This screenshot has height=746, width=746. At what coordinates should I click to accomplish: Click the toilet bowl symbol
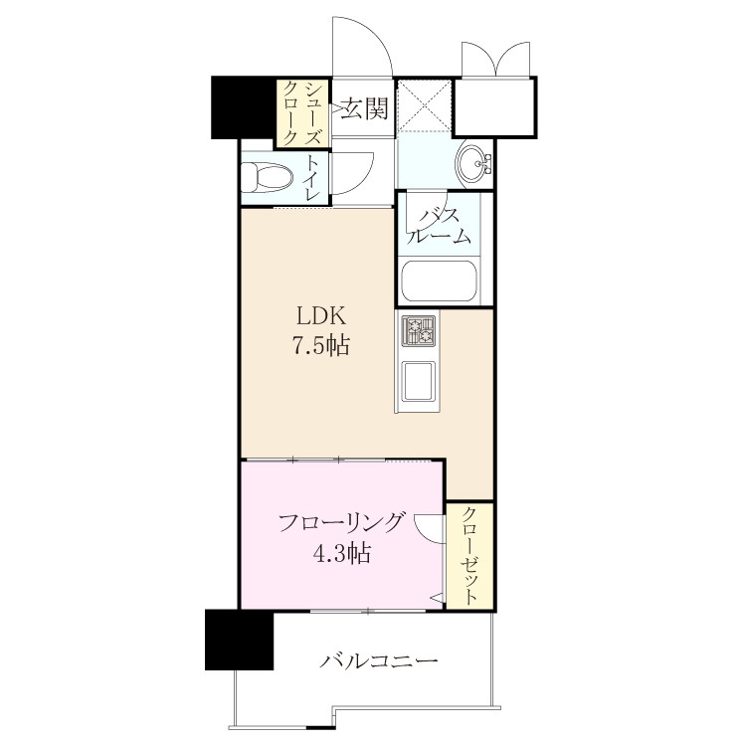coord(267,178)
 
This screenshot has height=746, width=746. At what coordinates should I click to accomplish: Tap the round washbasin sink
coord(473,164)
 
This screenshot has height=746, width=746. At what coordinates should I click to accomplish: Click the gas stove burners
coord(419,329)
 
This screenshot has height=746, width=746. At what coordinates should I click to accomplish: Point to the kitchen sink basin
coord(418,381)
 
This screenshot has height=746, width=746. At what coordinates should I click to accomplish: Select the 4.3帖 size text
coord(341,553)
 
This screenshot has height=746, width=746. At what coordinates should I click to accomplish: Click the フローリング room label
coord(341,524)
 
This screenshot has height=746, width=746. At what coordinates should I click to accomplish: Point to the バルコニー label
coord(378,661)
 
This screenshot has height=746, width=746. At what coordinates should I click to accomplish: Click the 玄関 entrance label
coord(365,109)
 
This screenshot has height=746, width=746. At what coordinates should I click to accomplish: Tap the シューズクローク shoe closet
coord(302,113)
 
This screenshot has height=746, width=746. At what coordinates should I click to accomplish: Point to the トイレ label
coord(312,177)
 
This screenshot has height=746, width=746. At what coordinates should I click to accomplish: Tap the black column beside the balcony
coord(240,640)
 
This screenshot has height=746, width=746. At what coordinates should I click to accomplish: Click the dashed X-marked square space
coord(424,105)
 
